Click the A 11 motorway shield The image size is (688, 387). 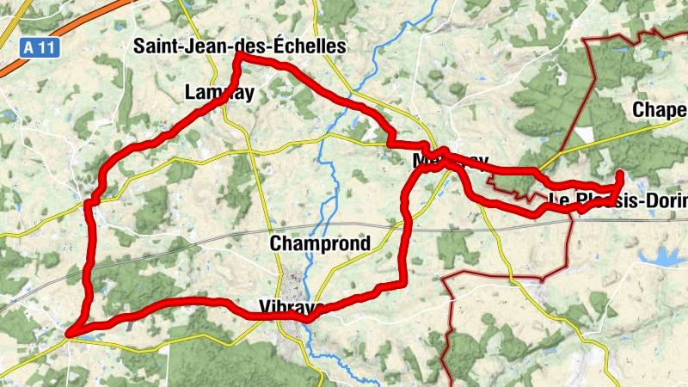pyautogui.click(x=40, y=48)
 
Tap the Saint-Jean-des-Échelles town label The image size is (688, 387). pyautogui.click(x=240, y=46)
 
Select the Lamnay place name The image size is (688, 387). pyautogui.click(x=219, y=93)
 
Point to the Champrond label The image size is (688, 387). pyautogui.click(x=320, y=243)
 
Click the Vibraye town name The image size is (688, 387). pyautogui.click(x=292, y=307)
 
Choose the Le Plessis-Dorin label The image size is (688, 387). pyautogui.click(x=617, y=201)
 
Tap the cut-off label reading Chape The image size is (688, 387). pyautogui.click(x=659, y=109)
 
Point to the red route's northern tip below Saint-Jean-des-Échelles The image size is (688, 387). pyautogui.click(x=237, y=57)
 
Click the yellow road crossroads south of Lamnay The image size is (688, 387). pyautogui.click(x=249, y=152)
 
